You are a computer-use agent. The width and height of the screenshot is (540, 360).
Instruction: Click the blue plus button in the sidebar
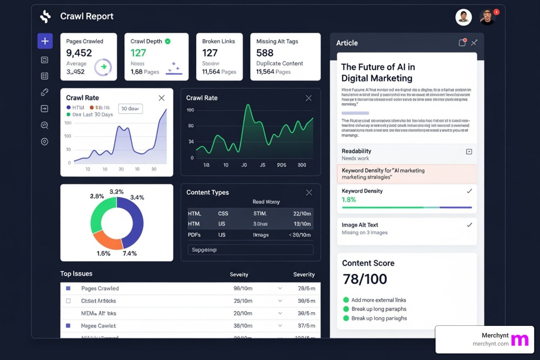tap(45, 41)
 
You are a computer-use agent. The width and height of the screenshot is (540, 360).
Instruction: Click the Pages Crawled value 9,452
tap(79, 53)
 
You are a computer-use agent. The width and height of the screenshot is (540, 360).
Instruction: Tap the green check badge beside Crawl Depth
tap(168, 41)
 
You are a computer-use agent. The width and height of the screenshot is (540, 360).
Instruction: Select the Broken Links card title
tap(218, 41)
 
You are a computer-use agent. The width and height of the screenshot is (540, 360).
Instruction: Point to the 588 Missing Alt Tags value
tap(265, 53)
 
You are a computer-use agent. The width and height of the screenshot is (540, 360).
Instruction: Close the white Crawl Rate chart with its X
tap(161, 98)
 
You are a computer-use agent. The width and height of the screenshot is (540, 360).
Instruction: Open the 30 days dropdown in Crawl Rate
tap(130, 109)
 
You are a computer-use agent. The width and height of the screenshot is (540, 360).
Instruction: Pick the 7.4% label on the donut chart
tap(129, 253)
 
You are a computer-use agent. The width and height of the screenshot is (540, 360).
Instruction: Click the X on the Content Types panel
tap(309, 192)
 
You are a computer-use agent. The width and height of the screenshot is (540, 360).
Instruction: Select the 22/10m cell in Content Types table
tap(302, 213)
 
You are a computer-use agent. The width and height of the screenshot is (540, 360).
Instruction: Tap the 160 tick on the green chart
tap(190, 110)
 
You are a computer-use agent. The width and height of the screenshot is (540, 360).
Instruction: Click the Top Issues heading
tap(76, 274)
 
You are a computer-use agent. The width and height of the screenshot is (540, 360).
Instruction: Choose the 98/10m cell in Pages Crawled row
tap(243, 288)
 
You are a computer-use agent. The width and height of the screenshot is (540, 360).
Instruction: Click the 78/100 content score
tap(365, 279)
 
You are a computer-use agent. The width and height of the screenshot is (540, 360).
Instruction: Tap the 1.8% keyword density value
tap(349, 200)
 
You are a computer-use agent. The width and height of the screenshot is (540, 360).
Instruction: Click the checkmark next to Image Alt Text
tap(469, 225)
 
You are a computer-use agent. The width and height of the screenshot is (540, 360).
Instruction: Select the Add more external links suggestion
tap(378, 300)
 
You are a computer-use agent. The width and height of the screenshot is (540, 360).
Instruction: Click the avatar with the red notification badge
tap(488, 17)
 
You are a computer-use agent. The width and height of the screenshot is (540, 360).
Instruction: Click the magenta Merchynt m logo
tap(520, 340)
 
